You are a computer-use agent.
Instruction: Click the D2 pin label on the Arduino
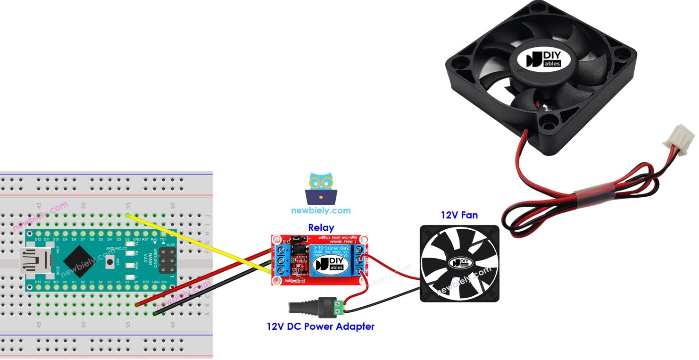tap(127, 240)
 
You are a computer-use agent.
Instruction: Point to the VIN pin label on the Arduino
tap(164, 282)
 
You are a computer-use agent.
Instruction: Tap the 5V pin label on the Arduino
tap(136, 282)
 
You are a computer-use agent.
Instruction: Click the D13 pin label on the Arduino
tap(38, 282)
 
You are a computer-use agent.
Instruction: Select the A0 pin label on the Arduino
tap(65, 282)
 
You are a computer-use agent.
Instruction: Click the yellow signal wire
tap(198, 243)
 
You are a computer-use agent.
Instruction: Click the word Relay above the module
tap(321, 228)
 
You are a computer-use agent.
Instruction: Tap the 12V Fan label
tap(459, 215)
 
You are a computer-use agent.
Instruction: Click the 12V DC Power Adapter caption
tap(320, 326)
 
